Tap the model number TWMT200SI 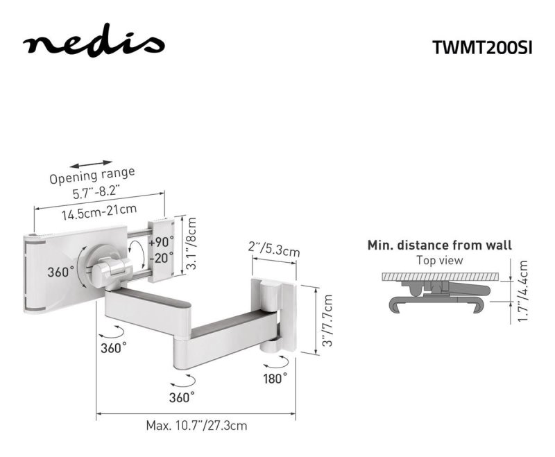click(x=482, y=47)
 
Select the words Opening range click(x=92, y=175)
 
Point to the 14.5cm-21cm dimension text click(x=99, y=212)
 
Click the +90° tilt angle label click(x=162, y=242)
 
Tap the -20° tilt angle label click(x=162, y=257)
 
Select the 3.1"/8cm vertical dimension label click(x=191, y=243)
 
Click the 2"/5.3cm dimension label click(x=274, y=250)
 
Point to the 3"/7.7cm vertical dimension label click(x=327, y=320)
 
